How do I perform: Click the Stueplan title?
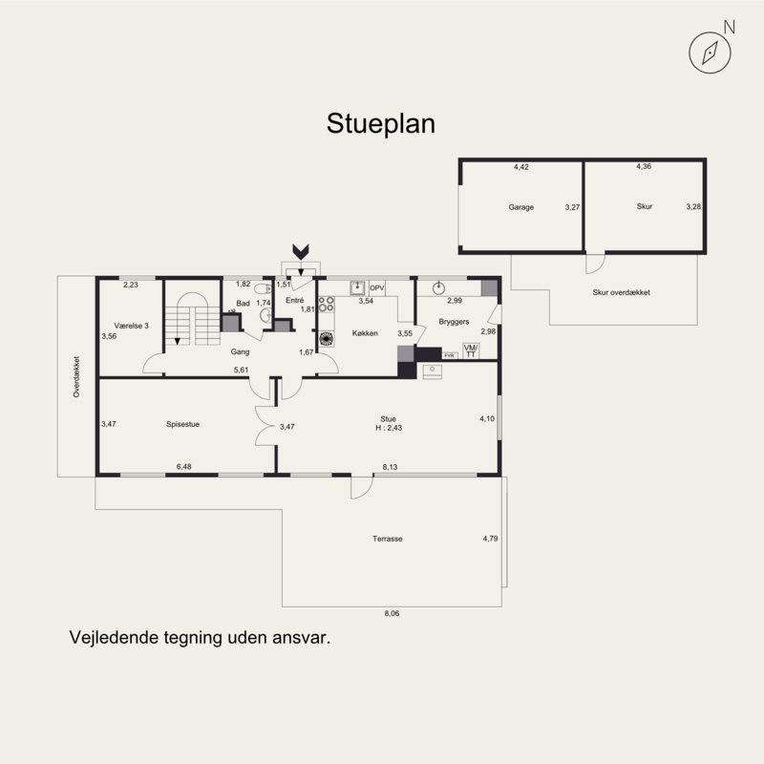(380, 124)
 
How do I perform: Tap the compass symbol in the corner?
(710, 53)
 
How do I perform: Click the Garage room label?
(520, 207)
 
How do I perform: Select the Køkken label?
(365, 333)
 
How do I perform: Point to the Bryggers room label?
(454, 322)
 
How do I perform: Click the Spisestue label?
(182, 424)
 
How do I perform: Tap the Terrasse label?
(388, 539)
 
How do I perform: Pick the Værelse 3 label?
(131, 326)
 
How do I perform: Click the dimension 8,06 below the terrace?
(392, 613)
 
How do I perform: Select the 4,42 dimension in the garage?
(520, 166)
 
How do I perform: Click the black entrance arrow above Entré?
(301, 251)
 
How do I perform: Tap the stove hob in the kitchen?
(327, 305)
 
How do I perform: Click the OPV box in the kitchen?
(377, 288)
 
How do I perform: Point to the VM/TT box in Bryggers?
(471, 350)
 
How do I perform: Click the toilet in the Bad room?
(264, 289)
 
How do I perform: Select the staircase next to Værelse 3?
(193, 319)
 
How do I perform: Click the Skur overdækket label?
(622, 292)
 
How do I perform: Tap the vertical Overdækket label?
(76, 376)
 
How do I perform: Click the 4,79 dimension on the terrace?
(490, 539)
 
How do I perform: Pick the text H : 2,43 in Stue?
(389, 428)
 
